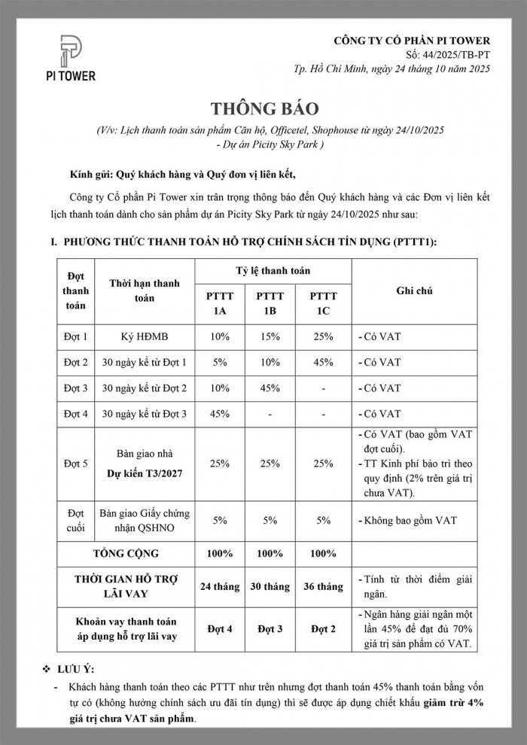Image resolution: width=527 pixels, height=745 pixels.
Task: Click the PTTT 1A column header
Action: coord(221,303)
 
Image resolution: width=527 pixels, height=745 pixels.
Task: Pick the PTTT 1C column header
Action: coord(324,303)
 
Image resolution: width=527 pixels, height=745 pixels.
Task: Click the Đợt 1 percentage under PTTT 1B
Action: coord(272,336)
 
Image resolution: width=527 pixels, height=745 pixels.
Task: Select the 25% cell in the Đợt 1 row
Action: coord(324,336)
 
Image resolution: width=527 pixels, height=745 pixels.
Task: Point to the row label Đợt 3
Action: coord(75,388)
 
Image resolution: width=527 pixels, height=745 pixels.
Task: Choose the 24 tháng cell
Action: coord(221,586)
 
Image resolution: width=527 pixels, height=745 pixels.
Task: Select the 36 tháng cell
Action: coord(324,586)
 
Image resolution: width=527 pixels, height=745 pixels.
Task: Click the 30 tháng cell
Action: coord(272,586)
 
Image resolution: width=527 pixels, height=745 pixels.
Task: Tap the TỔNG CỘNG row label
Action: coord(126,553)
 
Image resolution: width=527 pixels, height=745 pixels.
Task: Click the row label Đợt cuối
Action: coord(75,520)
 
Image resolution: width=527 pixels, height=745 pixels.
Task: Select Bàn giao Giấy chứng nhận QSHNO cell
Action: coord(145,520)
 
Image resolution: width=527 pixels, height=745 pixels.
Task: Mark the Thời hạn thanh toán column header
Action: coord(145,290)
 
